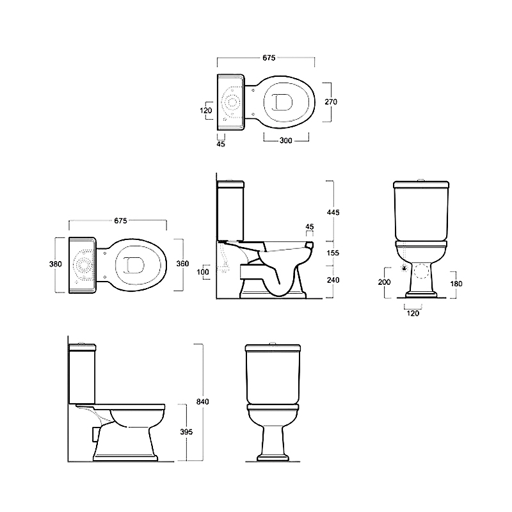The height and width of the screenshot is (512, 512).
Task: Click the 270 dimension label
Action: tap(331, 102)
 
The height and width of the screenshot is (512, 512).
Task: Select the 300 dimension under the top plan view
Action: tap(285, 141)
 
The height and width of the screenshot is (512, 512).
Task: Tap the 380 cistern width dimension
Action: tap(56, 264)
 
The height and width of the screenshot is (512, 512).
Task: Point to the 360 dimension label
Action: tap(182, 264)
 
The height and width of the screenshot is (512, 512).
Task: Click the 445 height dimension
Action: tap(333, 212)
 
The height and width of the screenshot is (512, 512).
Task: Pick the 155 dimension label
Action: tap(333, 253)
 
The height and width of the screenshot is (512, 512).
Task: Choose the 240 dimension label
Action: tap(333, 280)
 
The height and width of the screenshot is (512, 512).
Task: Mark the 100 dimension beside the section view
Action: tap(203, 271)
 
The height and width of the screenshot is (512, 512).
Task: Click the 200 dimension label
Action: tap(385, 282)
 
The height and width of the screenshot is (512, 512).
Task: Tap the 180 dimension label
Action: tap(456, 284)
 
